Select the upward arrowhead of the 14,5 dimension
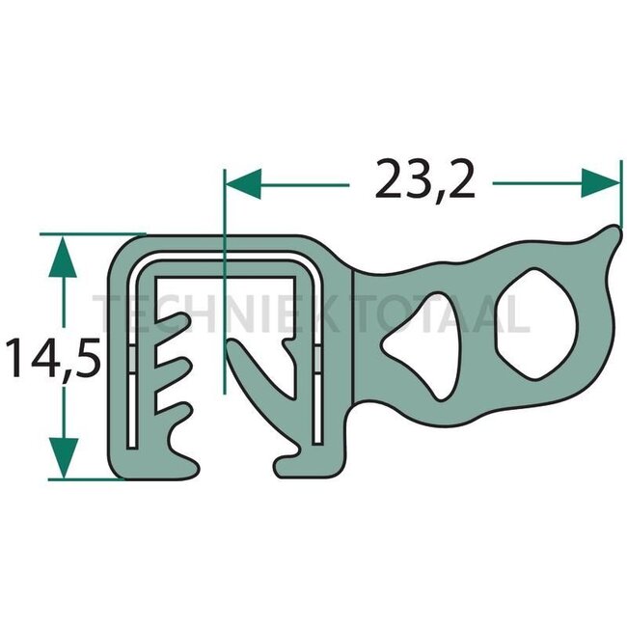(63, 254)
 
